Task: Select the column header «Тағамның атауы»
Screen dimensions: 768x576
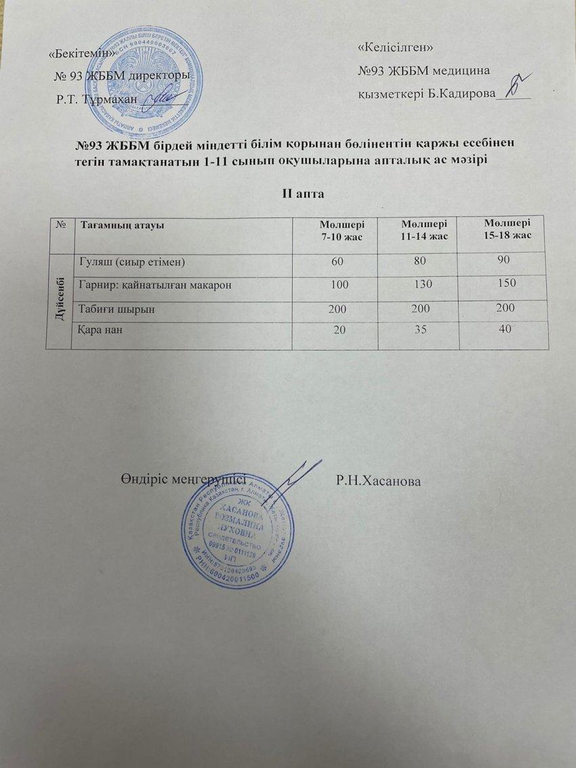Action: click(123, 225)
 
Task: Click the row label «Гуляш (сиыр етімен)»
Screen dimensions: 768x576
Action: click(132, 261)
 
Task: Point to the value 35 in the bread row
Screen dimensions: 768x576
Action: click(417, 330)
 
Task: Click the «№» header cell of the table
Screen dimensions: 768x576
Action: click(60, 224)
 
